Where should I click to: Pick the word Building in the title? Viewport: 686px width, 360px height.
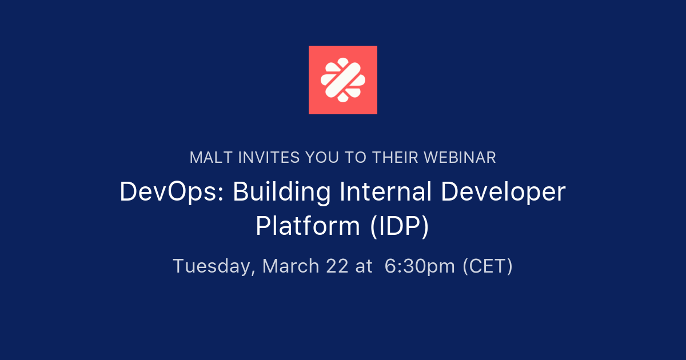click(x=282, y=193)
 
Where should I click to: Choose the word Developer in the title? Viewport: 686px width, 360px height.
click(x=502, y=193)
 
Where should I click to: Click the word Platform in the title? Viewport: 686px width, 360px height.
click(x=308, y=226)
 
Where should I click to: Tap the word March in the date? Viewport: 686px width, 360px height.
click(x=290, y=266)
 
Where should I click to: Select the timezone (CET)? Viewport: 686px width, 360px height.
click(x=488, y=266)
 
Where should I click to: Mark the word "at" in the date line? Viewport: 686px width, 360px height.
click(x=364, y=266)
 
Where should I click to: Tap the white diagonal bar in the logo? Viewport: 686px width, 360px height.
click(x=343, y=80)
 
